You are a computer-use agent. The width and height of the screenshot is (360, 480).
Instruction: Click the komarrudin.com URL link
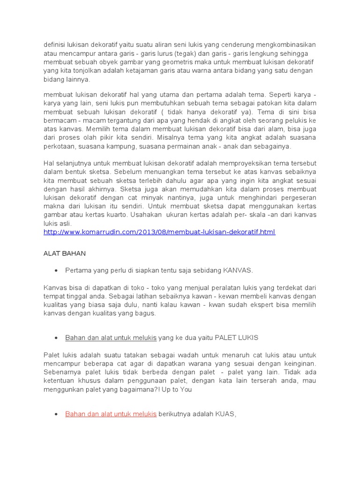[x=159, y=232]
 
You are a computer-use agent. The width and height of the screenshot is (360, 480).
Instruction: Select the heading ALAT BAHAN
[x=65, y=253]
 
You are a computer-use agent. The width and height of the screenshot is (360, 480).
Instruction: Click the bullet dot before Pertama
[x=56, y=271]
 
